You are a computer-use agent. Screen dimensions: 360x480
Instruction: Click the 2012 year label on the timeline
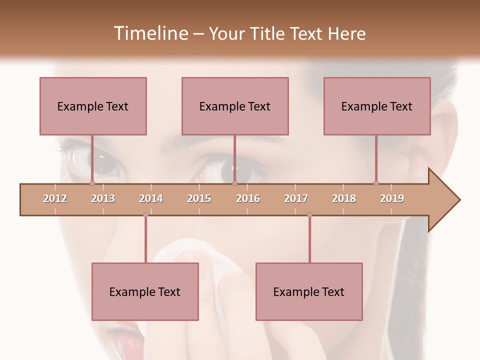(x=55, y=198)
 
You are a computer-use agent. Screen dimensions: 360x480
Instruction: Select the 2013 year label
(x=103, y=198)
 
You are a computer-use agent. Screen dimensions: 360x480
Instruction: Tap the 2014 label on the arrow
(x=151, y=198)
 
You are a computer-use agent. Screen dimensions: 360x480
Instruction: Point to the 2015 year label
(x=199, y=198)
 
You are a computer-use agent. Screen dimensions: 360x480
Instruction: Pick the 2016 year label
(x=248, y=198)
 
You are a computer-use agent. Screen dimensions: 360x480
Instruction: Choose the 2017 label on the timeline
(x=296, y=198)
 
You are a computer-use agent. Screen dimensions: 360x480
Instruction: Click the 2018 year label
(x=344, y=198)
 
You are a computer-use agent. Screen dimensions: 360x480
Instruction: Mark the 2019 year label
(x=392, y=198)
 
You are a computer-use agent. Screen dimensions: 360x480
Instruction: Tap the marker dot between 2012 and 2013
(x=92, y=183)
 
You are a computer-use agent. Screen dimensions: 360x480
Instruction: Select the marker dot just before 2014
(x=145, y=214)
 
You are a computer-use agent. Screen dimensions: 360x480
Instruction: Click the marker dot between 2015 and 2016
(x=234, y=183)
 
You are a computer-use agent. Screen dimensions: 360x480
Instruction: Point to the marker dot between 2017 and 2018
(x=309, y=214)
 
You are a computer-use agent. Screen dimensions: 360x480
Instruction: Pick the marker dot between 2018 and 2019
(x=376, y=183)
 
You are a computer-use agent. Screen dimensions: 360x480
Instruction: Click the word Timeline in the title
(x=150, y=33)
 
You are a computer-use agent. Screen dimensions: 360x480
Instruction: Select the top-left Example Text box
(x=93, y=106)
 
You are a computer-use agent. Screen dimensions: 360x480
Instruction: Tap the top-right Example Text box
(x=377, y=106)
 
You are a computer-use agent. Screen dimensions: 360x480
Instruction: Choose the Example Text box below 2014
(x=145, y=291)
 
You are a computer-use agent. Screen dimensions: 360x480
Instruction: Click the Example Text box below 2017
(x=309, y=291)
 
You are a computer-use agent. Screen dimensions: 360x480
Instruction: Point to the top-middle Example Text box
(x=235, y=106)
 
